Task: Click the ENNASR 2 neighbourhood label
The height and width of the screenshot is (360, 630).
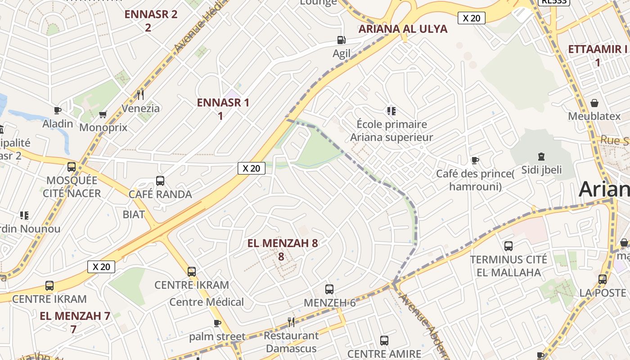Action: coord(151,14)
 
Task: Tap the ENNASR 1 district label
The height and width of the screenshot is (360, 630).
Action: coord(223,103)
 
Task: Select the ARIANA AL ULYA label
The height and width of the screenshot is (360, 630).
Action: coord(403,29)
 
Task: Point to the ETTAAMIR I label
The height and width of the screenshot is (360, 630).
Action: coord(598,49)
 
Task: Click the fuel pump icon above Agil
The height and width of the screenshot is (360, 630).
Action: coord(342,40)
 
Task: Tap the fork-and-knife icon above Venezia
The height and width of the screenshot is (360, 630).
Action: coord(140,94)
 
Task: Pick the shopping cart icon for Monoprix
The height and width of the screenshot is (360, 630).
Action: coord(103,114)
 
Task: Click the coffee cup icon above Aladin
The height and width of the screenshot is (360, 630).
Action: coord(58,110)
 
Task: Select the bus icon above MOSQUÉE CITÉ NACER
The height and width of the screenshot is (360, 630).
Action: coord(72,167)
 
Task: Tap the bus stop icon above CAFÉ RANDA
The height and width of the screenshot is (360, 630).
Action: coord(160,181)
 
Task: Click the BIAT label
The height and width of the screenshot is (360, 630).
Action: coord(134,214)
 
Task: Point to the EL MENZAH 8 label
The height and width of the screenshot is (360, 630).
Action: coord(283,243)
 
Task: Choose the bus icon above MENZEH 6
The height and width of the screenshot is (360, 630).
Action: coord(329,289)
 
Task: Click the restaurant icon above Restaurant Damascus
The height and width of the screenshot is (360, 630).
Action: coord(291,322)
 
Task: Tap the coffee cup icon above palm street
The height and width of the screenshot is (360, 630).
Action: coord(217,323)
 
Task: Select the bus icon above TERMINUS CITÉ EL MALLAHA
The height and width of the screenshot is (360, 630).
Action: coord(508,246)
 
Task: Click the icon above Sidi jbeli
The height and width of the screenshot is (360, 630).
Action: coord(541,157)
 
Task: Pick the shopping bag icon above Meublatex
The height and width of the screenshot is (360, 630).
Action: coord(594,103)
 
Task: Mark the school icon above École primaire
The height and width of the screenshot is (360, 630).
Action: coord(391,111)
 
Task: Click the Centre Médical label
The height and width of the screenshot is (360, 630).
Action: coord(207,302)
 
